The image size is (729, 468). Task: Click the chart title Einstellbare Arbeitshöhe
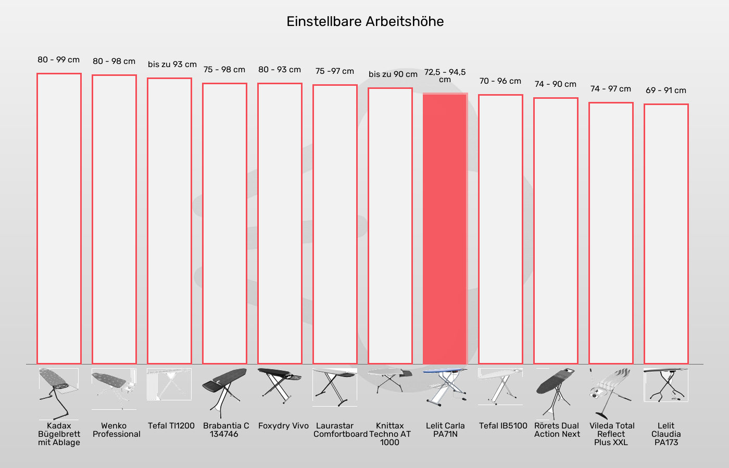[x=365, y=21]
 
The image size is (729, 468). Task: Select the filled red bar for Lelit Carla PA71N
[x=445, y=229]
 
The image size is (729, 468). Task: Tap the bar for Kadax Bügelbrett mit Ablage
[x=59, y=218]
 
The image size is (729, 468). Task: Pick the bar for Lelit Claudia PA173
[x=666, y=234]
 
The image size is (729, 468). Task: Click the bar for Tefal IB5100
[x=500, y=229]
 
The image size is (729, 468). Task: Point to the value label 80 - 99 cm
[x=59, y=60]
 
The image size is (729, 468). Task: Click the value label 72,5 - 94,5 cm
[x=445, y=75]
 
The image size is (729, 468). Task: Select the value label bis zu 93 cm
[x=172, y=64]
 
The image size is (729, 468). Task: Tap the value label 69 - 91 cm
[x=666, y=90]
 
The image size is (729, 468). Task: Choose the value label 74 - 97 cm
[x=611, y=89]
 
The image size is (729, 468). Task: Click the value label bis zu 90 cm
[x=393, y=74]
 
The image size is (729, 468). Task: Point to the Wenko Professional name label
[x=116, y=430]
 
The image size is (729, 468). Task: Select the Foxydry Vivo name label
[x=283, y=426]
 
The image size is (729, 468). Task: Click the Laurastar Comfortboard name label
[x=340, y=430]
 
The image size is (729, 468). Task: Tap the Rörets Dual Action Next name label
[x=557, y=430]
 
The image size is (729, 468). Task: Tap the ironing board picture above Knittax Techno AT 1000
[x=390, y=380]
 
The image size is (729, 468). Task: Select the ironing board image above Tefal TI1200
[x=169, y=385]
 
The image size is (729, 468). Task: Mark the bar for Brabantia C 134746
[x=224, y=224]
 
